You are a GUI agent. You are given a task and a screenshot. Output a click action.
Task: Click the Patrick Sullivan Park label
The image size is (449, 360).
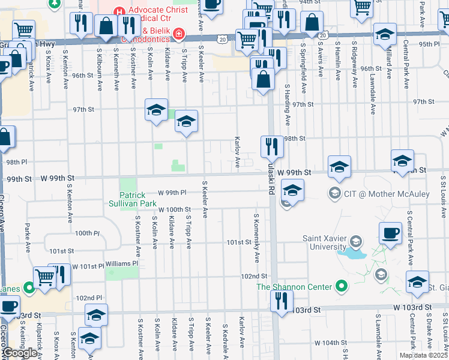132,200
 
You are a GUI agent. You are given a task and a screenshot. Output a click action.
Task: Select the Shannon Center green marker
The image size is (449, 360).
342,286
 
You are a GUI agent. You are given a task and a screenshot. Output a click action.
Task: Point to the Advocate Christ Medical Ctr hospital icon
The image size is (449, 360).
119,11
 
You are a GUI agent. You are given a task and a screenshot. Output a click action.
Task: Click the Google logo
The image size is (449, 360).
19,353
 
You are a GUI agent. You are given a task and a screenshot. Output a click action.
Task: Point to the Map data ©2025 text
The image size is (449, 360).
423,355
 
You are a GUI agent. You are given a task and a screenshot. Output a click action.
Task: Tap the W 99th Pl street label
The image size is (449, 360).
173,193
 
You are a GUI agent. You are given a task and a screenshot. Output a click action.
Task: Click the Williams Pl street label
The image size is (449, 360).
122,263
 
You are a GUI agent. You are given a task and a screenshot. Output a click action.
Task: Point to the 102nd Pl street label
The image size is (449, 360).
89,298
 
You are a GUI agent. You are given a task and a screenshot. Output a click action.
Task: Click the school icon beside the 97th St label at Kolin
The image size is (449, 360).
156,110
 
